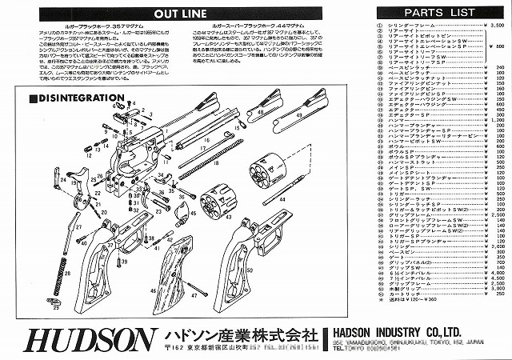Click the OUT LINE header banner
coord(182,14)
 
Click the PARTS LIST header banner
coord(441,14)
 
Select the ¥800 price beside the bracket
coord(494,47)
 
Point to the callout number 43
coord(229,216)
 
